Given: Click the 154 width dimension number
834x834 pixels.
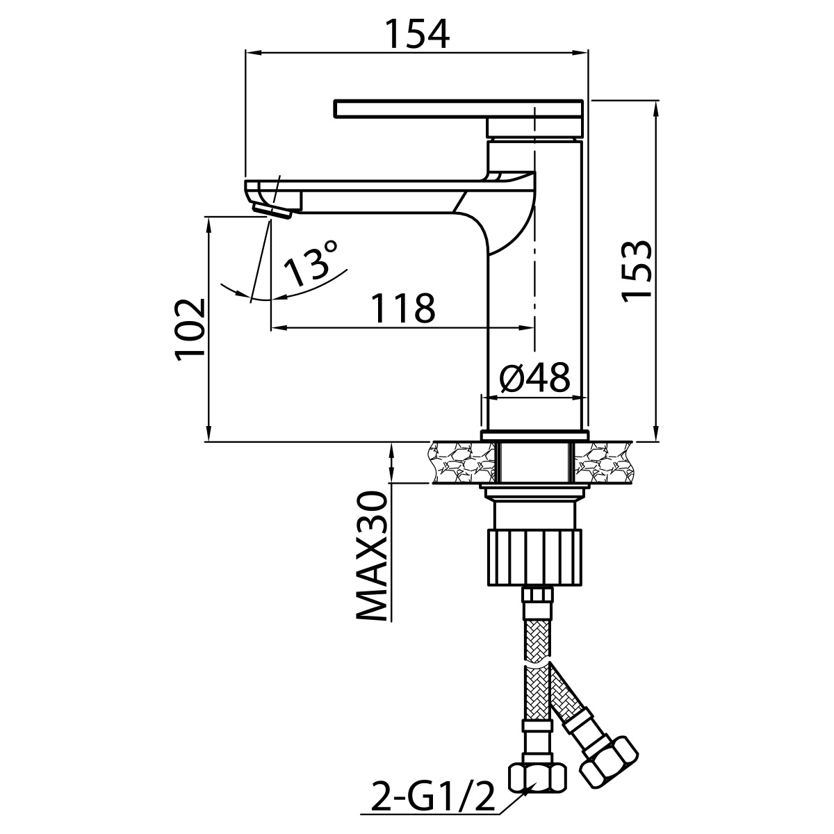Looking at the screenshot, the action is point(417,34).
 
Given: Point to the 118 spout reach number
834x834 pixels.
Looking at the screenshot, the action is point(403,308).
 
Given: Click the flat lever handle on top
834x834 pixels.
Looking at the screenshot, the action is point(459,108).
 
